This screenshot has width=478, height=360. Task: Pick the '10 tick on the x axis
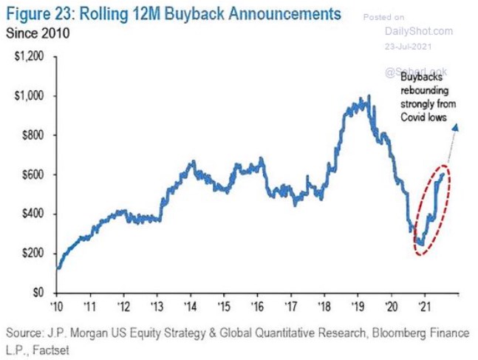[56, 305]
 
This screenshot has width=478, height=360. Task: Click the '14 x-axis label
[190, 305]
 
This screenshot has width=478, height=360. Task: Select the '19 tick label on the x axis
[358, 305]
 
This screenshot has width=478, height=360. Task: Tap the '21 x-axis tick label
[424, 305]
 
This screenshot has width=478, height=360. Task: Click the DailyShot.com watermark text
[418, 30]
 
